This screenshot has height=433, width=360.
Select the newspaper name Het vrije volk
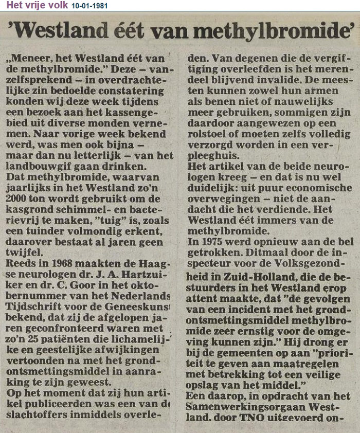(34, 5)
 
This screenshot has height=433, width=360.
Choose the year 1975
(211, 253)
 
